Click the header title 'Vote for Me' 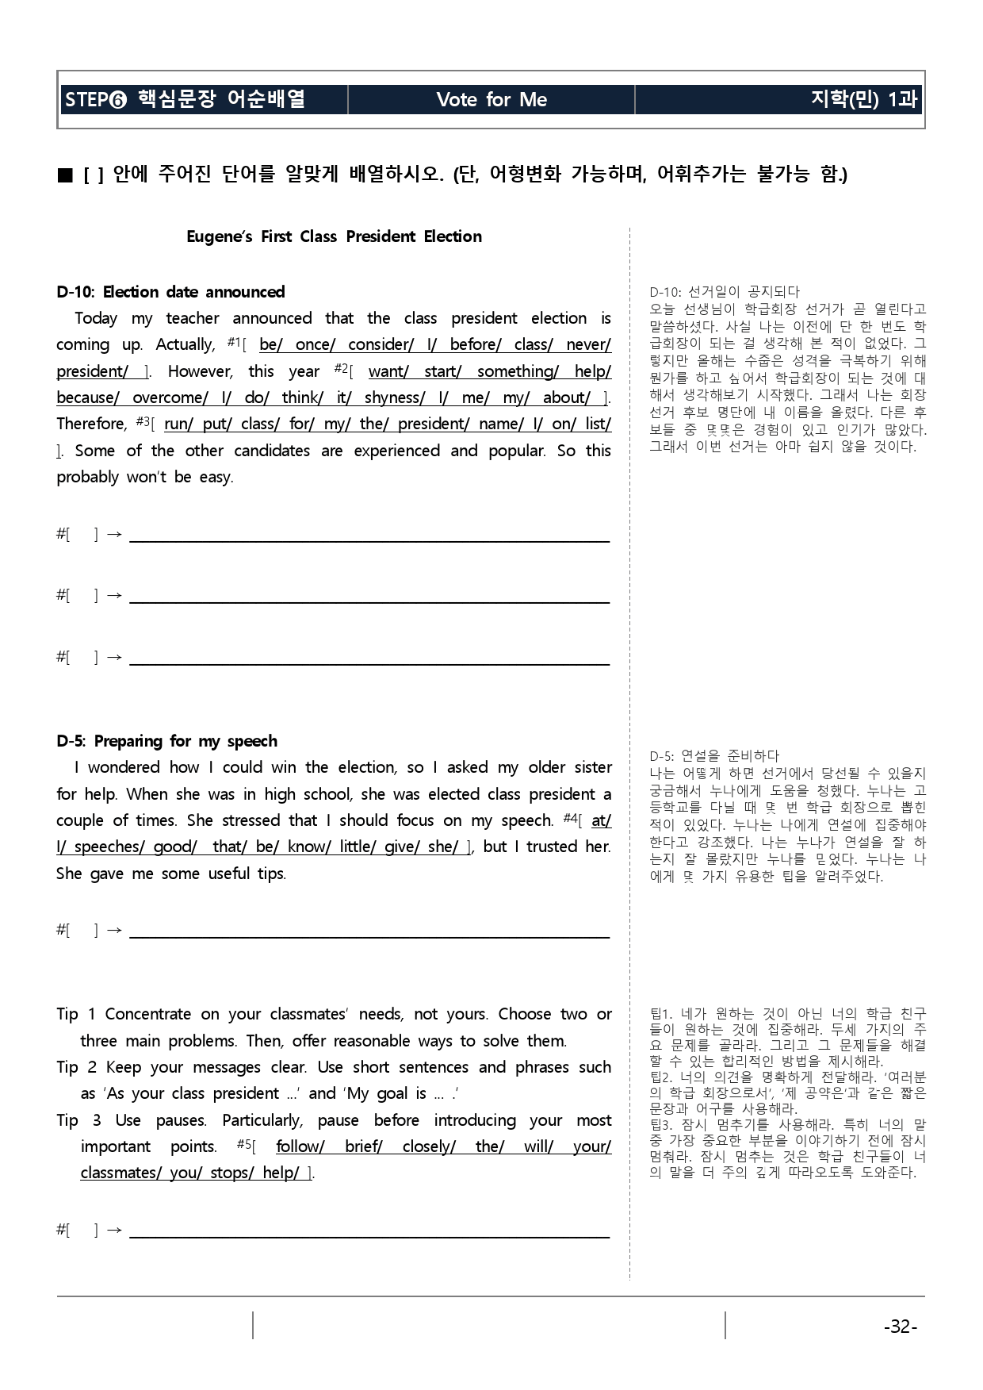[x=491, y=99]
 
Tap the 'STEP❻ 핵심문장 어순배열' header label [x=185, y=99]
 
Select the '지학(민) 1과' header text [x=863, y=99]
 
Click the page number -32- [x=900, y=1327]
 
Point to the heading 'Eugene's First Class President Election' [x=334, y=236]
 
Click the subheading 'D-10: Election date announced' [x=170, y=292]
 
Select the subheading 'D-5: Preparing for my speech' [x=166, y=741]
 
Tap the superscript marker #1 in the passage [x=233, y=342]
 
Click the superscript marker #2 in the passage [x=341, y=368]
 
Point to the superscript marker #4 [x=569, y=818]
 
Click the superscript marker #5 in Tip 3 [x=244, y=1144]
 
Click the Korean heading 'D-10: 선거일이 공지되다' [x=724, y=292]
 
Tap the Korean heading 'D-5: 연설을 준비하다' [x=714, y=756]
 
